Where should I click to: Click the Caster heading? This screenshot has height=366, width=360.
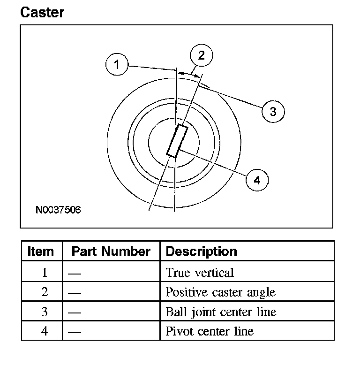click(x=42, y=12)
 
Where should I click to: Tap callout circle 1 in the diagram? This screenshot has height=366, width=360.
click(x=117, y=64)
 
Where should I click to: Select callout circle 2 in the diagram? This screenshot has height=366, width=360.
click(x=202, y=55)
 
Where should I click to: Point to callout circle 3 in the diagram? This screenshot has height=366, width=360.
click(x=273, y=111)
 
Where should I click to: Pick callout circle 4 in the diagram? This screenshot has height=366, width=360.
click(x=257, y=180)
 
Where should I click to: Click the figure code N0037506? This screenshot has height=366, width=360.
click(x=58, y=210)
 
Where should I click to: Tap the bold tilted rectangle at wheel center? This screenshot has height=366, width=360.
click(x=177, y=141)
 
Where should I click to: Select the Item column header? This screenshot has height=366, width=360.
click(x=41, y=252)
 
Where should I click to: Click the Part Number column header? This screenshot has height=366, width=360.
click(x=111, y=252)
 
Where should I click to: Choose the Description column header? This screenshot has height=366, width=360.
click(x=201, y=252)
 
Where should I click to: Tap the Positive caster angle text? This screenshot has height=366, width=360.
click(x=221, y=292)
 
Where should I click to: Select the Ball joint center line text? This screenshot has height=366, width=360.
click(x=221, y=312)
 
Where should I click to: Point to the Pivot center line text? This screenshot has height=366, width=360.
click(x=210, y=331)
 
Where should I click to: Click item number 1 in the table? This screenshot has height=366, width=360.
click(x=45, y=273)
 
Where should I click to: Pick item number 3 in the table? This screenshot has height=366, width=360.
click(x=45, y=312)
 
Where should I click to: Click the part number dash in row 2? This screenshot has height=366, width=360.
click(x=75, y=293)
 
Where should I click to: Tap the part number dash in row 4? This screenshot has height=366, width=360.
click(x=75, y=332)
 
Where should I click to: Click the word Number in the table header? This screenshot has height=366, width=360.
click(x=126, y=252)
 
